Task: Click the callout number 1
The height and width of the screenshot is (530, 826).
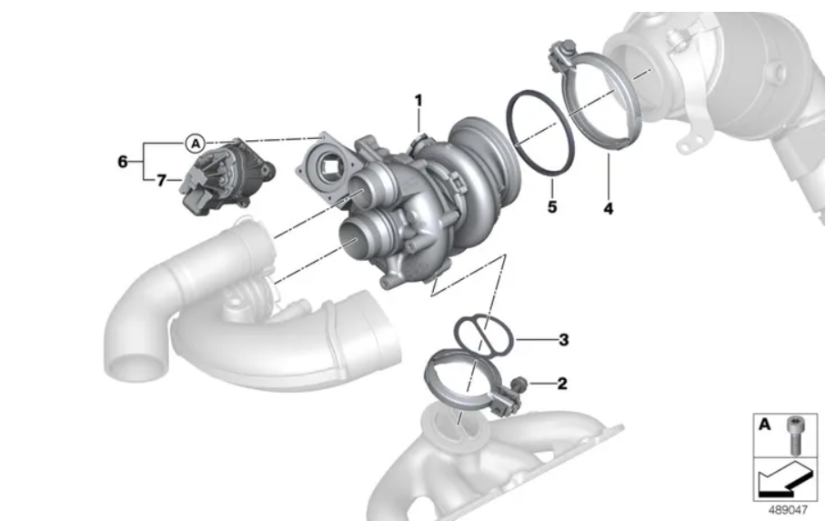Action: [418, 100]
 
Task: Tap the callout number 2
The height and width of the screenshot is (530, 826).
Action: [562, 383]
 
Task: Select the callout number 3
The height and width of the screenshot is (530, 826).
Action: [564, 339]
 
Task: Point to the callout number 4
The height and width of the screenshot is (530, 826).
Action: [609, 208]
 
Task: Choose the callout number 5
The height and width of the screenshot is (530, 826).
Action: [552, 207]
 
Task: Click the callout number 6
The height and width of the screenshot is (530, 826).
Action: [123, 162]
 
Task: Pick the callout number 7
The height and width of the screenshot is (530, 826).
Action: [161, 181]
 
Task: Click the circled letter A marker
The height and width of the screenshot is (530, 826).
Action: [195, 143]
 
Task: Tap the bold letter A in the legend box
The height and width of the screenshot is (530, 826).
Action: [764, 425]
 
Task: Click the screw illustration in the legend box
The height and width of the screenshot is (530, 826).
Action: [795, 435]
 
